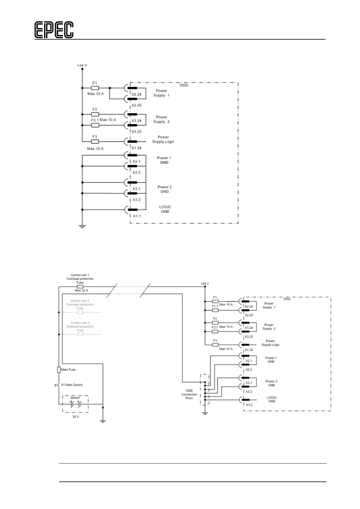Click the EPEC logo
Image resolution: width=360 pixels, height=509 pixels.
click(54, 30)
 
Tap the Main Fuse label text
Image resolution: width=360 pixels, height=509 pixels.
click(68, 369)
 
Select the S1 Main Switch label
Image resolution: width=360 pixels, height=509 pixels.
click(72, 385)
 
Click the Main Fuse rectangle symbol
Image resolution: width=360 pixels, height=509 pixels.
click(59, 370)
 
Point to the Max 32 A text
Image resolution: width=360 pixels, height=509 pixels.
click(81, 290)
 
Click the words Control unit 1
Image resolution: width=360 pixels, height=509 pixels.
click(80, 275)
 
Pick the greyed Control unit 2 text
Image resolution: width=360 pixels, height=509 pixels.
click(80, 301)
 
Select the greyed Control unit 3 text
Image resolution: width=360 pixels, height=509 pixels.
click(80, 323)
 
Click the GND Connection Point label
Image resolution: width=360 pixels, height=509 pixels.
click(189, 394)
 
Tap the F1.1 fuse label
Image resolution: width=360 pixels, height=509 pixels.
click(215, 306)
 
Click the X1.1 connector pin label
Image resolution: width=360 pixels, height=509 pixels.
click(137, 216)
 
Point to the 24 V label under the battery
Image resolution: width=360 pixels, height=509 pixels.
click(76, 417)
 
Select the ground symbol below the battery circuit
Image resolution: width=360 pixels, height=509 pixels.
click(103, 420)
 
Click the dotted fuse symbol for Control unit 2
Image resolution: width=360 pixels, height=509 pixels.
click(80, 312)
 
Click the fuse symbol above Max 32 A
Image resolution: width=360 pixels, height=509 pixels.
click(80, 286)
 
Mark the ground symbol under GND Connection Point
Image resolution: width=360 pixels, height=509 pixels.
click(205, 413)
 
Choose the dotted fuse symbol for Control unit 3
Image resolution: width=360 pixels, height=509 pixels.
click(80, 334)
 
